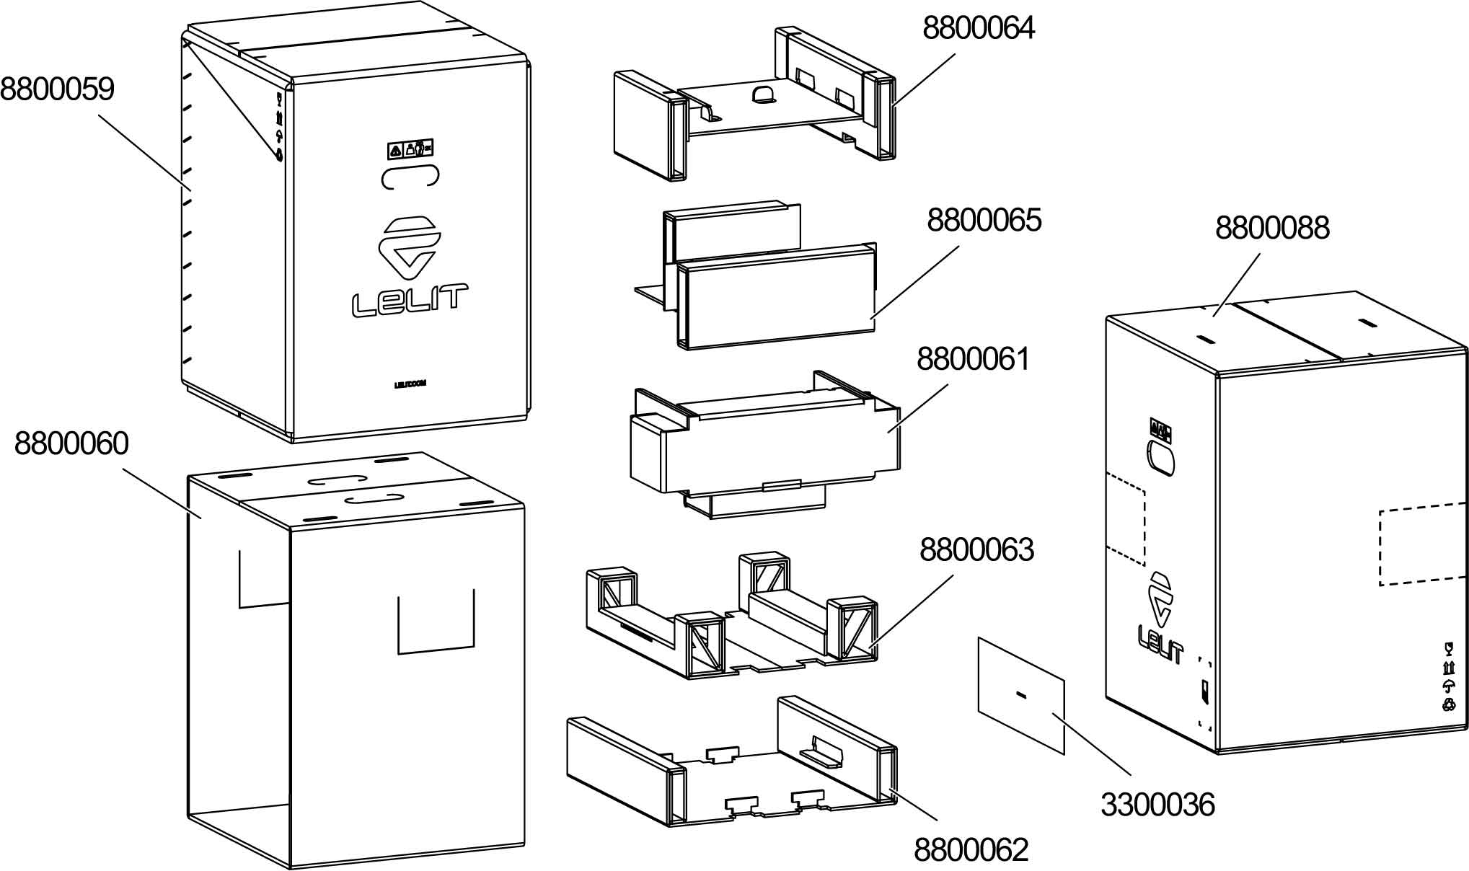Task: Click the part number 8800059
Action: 57,89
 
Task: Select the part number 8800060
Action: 71,444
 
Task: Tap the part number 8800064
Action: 979,28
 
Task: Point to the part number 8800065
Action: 984,220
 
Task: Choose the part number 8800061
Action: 974,359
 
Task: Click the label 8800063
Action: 976,550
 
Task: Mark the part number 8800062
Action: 971,850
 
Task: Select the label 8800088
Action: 1271,228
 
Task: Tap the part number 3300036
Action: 1157,805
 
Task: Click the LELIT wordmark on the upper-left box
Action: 409,300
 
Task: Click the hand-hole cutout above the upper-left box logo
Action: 410,177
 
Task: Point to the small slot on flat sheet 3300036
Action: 1020,694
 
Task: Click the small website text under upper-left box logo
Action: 410,384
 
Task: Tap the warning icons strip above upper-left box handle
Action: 410,149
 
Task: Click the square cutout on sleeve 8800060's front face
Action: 436,622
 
